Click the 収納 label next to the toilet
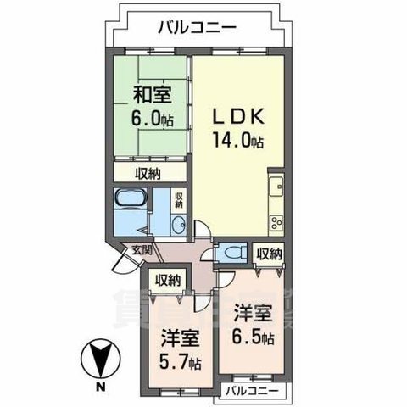(x=269, y=254)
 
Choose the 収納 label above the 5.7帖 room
(x=166, y=280)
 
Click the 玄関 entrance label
(x=142, y=250)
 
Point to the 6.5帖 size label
(x=254, y=325)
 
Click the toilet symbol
(x=232, y=252)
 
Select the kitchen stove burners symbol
(x=276, y=224)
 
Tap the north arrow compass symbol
(x=101, y=360)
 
